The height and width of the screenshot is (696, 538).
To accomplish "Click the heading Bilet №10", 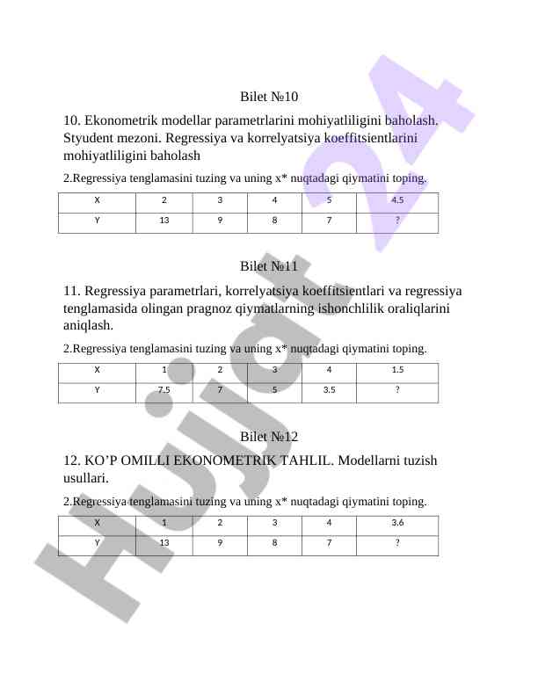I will [x=269, y=96].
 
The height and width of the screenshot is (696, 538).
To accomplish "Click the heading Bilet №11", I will [x=269, y=266].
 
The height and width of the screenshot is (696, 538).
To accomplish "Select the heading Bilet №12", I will [x=269, y=437].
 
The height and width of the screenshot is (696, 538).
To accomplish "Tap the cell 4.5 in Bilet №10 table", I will [x=397, y=199].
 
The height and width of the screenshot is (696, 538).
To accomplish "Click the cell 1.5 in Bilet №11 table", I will [x=397, y=370].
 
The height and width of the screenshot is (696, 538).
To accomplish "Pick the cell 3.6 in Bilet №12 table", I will [x=397, y=523].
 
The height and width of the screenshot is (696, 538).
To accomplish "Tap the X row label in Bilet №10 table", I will [x=97, y=199].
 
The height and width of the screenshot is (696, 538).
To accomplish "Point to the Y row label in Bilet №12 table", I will [x=97, y=543].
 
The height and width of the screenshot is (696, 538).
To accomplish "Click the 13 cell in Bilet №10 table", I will [x=164, y=221].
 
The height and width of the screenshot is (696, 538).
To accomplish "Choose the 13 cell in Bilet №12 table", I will [x=164, y=543].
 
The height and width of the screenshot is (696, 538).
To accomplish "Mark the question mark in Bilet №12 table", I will [x=397, y=543].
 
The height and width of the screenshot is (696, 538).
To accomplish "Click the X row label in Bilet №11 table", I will [x=97, y=370].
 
